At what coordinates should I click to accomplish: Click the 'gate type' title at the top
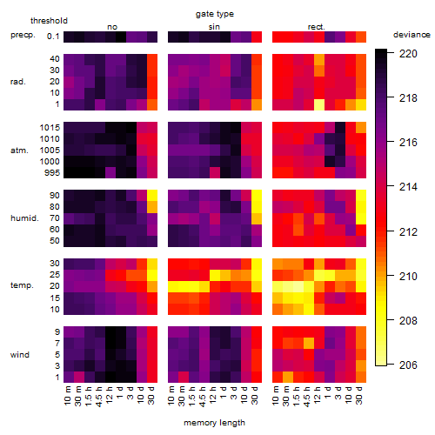tap(215, 14)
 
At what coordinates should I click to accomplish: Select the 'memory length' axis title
tap(214, 423)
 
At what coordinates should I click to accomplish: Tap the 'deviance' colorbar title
tap(412, 35)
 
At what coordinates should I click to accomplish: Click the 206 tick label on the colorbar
tap(408, 365)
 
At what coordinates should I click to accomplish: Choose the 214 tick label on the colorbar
tap(408, 187)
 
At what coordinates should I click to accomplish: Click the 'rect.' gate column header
tap(317, 27)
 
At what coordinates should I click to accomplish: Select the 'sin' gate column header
tap(214, 27)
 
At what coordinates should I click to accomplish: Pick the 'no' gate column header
tap(112, 27)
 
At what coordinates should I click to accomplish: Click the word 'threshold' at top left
tap(49, 21)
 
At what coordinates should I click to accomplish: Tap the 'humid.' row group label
tap(24, 218)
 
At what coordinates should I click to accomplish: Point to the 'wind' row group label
tap(20, 355)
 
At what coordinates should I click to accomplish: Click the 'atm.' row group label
tap(19, 151)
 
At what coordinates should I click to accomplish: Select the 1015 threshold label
tap(50, 128)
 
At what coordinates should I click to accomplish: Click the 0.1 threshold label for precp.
tap(53, 37)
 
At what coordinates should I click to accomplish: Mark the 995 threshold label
tap(52, 173)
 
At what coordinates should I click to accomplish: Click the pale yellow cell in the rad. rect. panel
tap(319, 104)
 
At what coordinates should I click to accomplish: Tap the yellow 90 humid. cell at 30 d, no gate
tap(152, 196)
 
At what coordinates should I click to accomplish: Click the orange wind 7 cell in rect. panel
tap(309, 344)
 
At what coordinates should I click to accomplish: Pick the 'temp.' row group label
tap(22, 285)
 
